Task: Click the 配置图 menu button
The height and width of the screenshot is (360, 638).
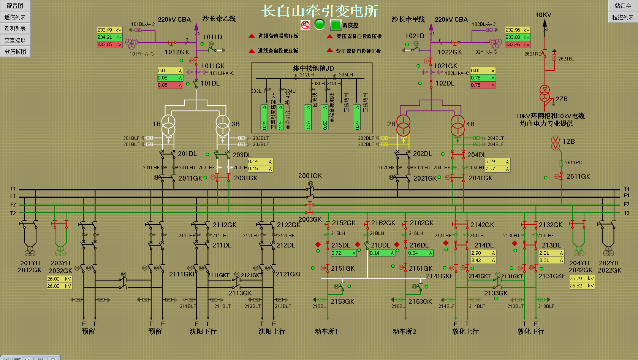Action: [15, 6]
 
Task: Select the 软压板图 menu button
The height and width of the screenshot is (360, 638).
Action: [15, 52]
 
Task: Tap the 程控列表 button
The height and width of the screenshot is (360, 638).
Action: [623, 17]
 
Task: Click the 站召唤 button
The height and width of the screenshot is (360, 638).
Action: [623, 6]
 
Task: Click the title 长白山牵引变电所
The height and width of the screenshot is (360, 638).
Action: [320, 11]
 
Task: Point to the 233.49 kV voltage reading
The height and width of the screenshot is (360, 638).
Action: [109, 30]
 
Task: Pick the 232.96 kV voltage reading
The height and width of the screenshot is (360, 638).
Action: [518, 30]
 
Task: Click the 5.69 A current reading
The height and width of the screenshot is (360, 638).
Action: [497, 162]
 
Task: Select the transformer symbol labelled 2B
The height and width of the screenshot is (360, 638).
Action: [403, 125]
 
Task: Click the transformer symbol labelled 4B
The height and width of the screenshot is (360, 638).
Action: [458, 125]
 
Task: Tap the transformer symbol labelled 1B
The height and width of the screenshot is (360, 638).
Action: [168, 125]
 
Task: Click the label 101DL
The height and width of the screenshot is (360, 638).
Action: [210, 83]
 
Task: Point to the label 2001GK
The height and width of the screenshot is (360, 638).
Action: [310, 176]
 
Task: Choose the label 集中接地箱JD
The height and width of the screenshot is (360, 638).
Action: [313, 68]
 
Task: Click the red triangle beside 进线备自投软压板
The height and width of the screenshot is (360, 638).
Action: [252, 36]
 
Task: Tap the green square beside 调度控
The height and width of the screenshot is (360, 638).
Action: [336, 25]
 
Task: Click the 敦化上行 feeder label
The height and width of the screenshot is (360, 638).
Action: [465, 331]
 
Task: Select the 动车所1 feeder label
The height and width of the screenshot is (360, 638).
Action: [326, 331]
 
